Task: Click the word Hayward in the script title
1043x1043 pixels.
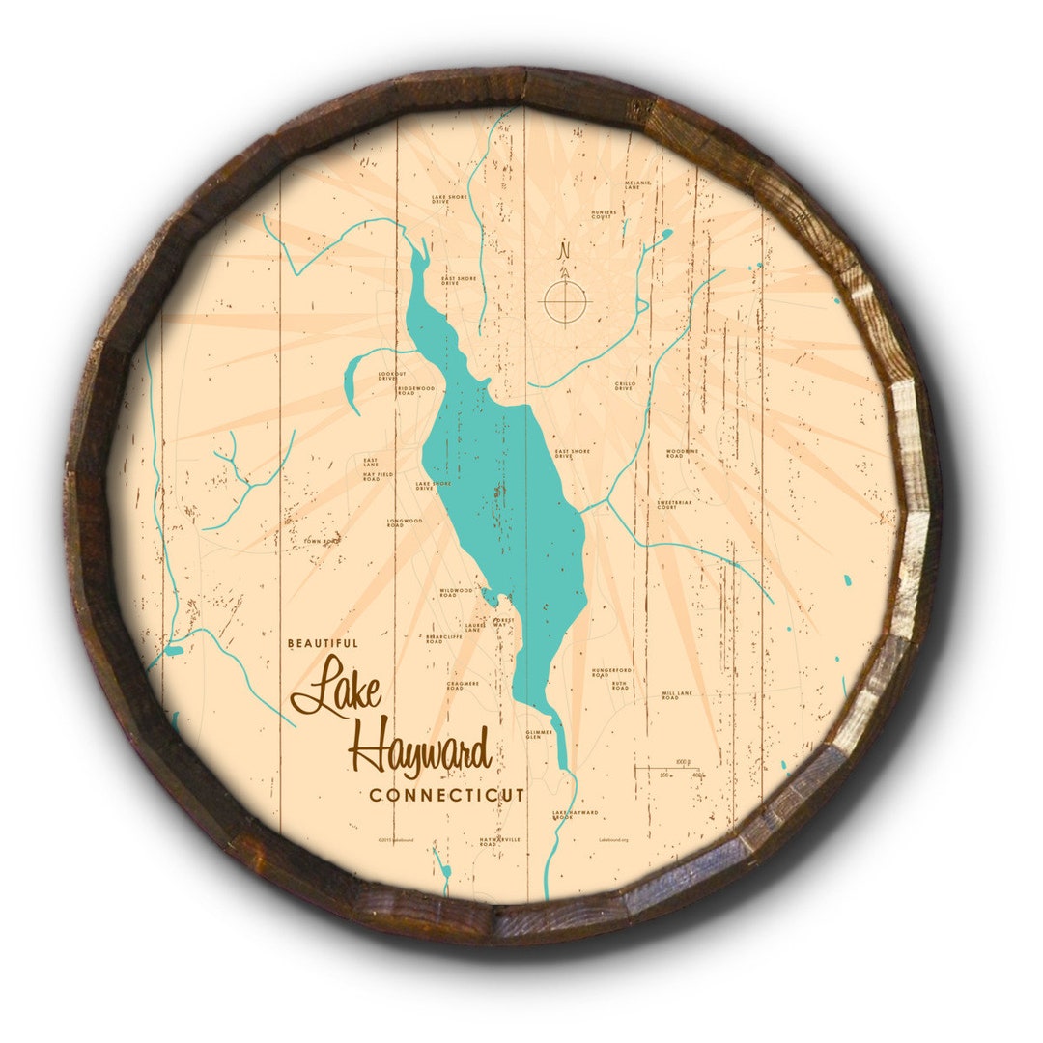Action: click(x=419, y=751)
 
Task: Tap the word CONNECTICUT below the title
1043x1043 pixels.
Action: click(x=447, y=795)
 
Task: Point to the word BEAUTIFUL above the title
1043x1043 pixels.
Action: click(x=323, y=642)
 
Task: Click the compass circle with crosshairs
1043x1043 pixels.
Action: click(x=565, y=299)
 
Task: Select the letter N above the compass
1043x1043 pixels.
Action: click(x=565, y=250)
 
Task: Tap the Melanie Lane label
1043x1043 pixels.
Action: click(x=638, y=184)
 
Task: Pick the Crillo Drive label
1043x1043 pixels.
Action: click(x=624, y=386)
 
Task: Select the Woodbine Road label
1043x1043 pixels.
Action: click(x=682, y=453)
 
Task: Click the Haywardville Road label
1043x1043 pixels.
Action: click(x=499, y=841)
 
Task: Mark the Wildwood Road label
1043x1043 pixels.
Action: click(x=456, y=591)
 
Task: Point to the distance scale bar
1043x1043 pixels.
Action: click(x=669, y=769)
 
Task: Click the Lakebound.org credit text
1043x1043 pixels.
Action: click(x=613, y=840)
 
